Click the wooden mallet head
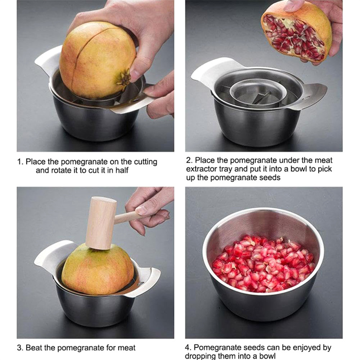click(x=101, y=223)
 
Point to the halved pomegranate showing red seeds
click(x=296, y=32)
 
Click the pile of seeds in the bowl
click(x=263, y=264)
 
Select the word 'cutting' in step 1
click(x=145, y=162)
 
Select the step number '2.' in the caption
click(x=189, y=160)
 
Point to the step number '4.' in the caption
click(x=189, y=347)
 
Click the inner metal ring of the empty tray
click(x=258, y=88)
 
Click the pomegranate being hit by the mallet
click(x=98, y=271)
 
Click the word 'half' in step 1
click(x=121, y=171)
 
